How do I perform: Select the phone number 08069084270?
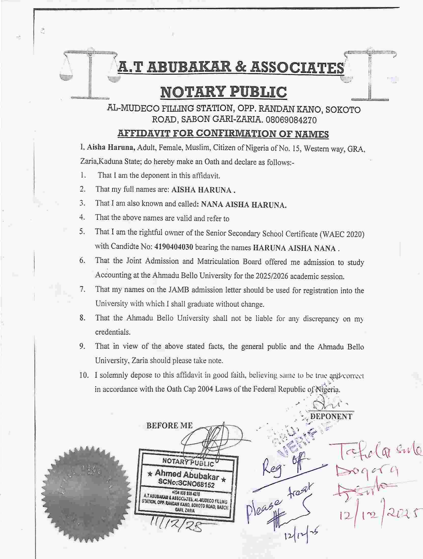click(x=291, y=120)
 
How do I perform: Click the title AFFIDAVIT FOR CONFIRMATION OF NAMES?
click(x=223, y=134)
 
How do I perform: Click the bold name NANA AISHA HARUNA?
click(x=244, y=205)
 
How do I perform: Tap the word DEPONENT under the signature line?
click(x=332, y=416)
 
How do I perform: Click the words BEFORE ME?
click(x=170, y=426)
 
